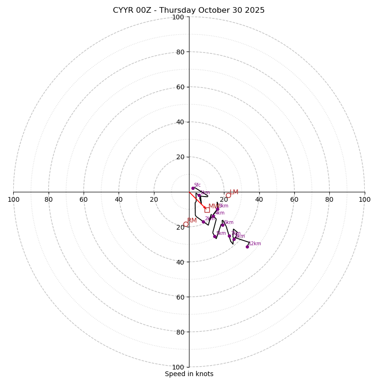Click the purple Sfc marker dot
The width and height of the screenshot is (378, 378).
pos(193,188)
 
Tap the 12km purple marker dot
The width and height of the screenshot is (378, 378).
pos(247,247)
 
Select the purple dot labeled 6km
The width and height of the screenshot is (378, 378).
pos(223,225)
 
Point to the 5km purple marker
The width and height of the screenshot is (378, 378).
pos(215,237)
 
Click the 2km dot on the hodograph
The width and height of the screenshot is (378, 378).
pos(204,222)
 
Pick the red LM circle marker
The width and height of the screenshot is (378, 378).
pos(228,195)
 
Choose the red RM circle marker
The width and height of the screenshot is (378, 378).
pos(186,224)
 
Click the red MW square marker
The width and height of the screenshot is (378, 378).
pos(207,210)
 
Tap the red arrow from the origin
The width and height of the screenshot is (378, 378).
pos(197,200)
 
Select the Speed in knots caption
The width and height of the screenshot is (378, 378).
pos(189,374)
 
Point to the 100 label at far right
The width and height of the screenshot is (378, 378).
pos(364,199)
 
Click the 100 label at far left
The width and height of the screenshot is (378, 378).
pos(13,199)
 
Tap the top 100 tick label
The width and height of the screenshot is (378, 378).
pos(178,17)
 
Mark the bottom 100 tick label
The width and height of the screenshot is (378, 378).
pos(178,367)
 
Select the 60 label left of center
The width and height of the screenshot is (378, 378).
pos(84,199)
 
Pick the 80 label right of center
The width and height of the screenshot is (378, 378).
pos(329,199)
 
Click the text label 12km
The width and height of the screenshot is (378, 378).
pos(255,244)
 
